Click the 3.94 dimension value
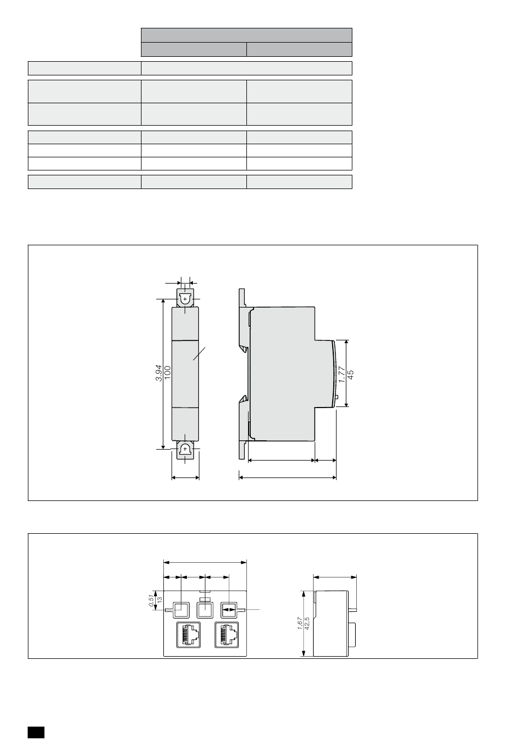[159, 373]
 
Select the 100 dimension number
[168, 373]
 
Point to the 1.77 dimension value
[342, 374]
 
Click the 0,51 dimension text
[151, 601]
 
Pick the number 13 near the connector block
[160, 600]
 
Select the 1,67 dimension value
[300, 623]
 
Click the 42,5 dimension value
[307, 623]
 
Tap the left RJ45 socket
[188, 634]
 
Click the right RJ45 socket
[227, 634]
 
